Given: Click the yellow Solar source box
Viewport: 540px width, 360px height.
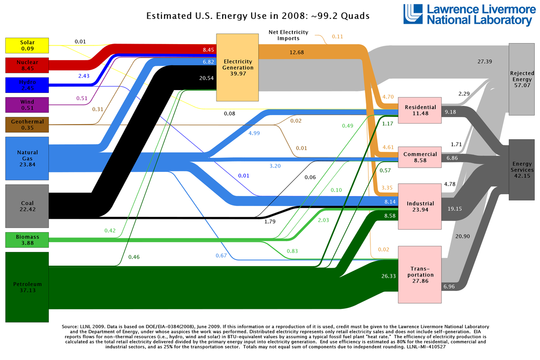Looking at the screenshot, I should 27,45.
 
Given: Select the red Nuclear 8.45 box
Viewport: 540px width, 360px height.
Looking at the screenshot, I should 27,65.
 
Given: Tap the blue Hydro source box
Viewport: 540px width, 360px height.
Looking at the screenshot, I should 27,85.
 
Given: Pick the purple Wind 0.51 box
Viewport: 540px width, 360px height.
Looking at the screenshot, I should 27,105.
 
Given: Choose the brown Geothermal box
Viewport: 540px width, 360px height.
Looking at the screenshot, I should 27,125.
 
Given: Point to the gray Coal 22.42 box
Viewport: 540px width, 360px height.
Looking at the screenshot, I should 27,206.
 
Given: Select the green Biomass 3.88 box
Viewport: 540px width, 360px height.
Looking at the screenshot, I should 27,240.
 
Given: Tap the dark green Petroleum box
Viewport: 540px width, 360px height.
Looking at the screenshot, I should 27,287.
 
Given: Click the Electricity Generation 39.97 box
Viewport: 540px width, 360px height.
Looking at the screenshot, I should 237,67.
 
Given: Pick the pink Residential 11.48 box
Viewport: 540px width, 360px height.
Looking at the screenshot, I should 420,110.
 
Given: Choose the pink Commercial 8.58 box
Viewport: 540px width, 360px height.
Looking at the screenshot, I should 420,157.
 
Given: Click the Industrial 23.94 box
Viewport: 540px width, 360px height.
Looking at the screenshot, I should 420,207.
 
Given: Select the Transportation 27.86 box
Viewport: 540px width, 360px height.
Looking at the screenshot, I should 420,274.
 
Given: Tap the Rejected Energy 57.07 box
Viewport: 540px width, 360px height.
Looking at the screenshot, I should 522,79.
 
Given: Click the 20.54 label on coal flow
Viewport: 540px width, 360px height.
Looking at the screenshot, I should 206,79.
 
